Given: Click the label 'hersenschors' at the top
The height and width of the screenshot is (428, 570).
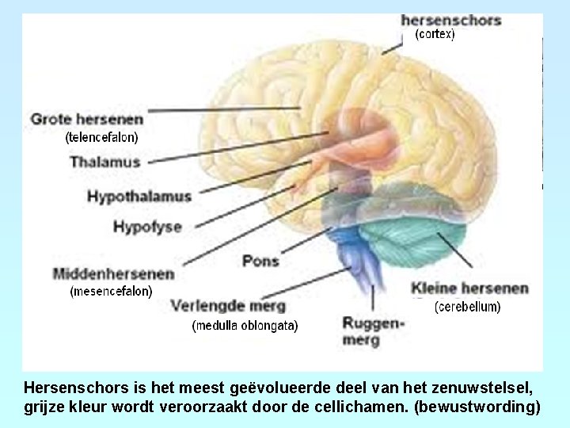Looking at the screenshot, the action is (450, 20).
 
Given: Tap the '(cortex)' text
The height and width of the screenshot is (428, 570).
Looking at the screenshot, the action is (435, 35).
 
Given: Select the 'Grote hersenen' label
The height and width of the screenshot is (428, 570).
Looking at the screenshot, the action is (87, 120).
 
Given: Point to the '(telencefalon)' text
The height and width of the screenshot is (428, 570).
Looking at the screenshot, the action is (101, 137).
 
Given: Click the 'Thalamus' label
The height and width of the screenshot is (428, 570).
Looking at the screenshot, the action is (104, 162).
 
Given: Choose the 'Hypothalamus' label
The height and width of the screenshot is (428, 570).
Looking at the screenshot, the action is (139, 196).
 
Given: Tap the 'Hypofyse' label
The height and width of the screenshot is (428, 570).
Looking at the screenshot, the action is (147, 227).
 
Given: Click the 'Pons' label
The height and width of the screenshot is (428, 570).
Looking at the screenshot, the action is (260, 260).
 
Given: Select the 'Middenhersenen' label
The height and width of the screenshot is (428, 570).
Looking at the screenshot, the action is (113, 274).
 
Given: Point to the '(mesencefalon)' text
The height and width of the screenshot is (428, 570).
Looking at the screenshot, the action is (111, 291).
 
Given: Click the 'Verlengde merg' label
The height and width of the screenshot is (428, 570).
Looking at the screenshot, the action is (228, 305).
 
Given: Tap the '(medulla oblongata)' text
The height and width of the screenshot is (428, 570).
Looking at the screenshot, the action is (245, 325).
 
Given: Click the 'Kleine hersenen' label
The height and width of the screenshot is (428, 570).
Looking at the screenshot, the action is (469, 289).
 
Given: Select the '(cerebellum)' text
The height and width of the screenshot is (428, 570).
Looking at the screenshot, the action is (468, 306).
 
